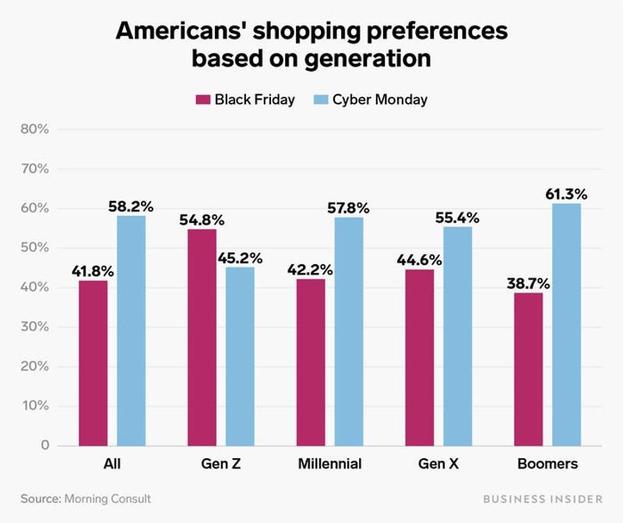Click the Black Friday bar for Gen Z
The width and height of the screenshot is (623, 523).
pos(202,337)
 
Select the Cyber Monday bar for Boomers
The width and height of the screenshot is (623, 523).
pos(566,324)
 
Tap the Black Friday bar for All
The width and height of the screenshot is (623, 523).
pos(93,362)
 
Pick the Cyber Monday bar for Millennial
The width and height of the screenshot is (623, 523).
pos(349,331)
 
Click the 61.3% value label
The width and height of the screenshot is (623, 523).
pos(566,193)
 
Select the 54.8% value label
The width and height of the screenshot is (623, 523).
pos(202,219)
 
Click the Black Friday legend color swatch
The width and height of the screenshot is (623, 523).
pos(203,100)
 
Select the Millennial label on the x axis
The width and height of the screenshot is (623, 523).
pos(329,464)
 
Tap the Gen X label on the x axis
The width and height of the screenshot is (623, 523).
pos(438,464)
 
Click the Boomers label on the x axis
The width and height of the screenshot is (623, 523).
pos(547,464)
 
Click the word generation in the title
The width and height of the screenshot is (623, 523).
pos(364,59)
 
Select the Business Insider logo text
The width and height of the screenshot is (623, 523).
pos(542,499)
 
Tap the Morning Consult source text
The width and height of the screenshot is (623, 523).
pos(107,499)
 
